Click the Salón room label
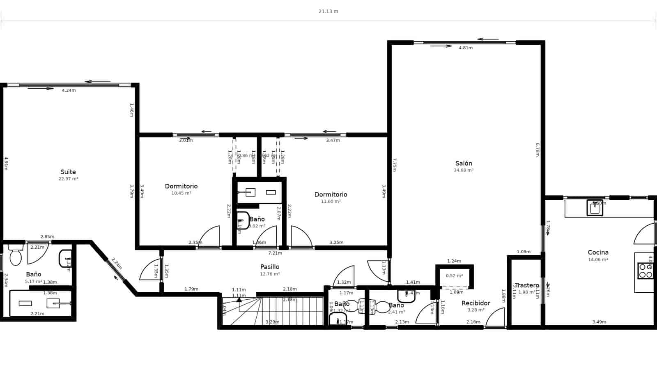pyautogui.click(x=463, y=163)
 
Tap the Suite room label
pyautogui.click(x=68, y=172)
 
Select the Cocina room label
pyautogui.click(x=598, y=252)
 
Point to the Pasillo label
pyautogui.click(x=270, y=267)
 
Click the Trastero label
pyautogui.click(x=527, y=285)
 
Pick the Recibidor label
pyautogui.click(x=476, y=303)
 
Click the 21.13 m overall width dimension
pyautogui.click(x=328, y=12)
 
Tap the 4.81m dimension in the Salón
pyautogui.click(x=465, y=48)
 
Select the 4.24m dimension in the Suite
pyautogui.click(x=69, y=90)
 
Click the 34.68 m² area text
pyautogui.click(x=463, y=170)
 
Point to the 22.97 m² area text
pyautogui.click(x=68, y=179)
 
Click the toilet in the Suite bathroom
pyautogui.click(x=16, y=256)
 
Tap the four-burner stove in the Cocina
pyautogui.click(x=645, y=271)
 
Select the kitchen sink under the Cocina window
pyautogui.click(x=595, y=208)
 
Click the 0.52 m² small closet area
pyautogui.click(x=454, y=276)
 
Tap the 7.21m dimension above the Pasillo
pyautogui.click(x=275, y=253)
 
